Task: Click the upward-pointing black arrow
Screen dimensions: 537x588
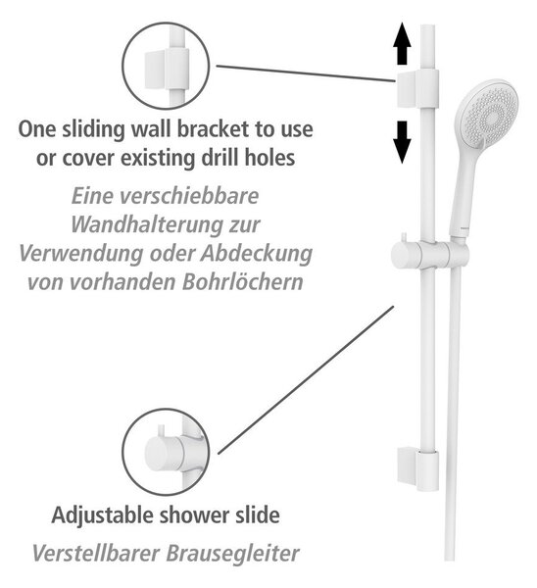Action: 402,43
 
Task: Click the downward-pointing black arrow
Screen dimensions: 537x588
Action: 402,142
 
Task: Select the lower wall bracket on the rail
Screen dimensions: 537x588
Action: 417,468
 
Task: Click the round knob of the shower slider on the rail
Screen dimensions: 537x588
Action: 406,255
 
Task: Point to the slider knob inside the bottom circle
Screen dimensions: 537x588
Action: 164,453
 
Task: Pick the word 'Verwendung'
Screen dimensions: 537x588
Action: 81,254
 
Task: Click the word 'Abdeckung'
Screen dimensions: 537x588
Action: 256,254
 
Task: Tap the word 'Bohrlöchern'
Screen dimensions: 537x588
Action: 243,281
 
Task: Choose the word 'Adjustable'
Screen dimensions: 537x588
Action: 103,515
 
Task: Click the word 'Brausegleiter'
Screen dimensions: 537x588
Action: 232,553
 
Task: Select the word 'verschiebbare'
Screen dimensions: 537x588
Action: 188,196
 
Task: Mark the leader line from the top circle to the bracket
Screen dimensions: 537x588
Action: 306,73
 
